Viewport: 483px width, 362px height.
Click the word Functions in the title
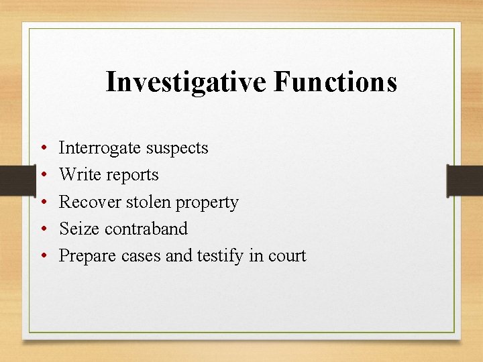click(335, 82)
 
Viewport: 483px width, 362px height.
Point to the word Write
click(78, 175)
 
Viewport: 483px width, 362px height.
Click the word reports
click(129, 176)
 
